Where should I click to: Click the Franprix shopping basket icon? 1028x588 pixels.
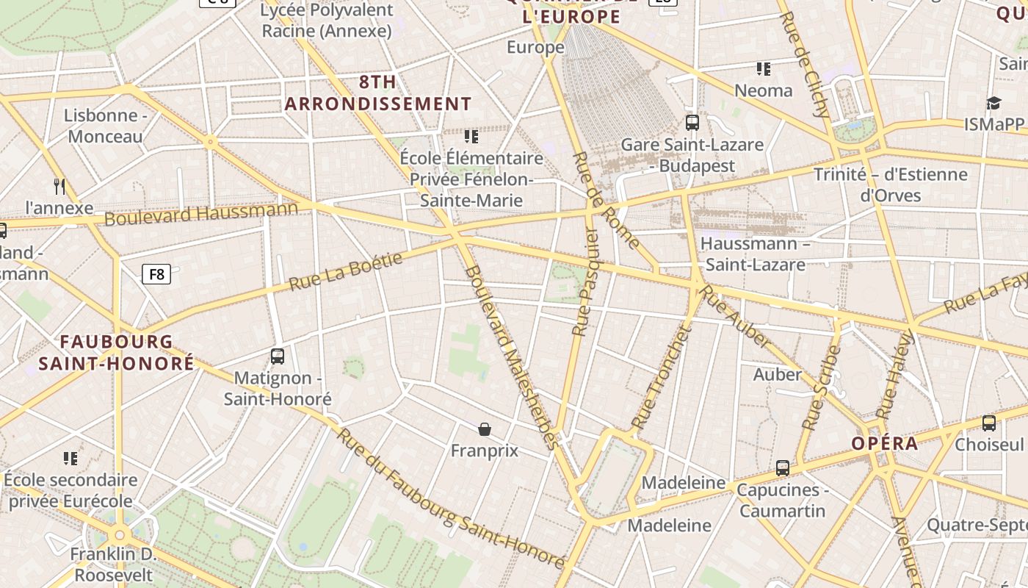pos(485,429)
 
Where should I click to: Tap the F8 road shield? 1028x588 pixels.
pos(156,274)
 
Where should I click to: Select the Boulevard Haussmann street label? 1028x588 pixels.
pos(201,214)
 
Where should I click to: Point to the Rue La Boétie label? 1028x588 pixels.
pos(346,271)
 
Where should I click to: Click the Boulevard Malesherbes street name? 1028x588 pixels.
pos(513,356)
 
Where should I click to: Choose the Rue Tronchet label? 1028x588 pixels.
pos(662,378)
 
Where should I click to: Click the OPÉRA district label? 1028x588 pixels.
pos(885,443)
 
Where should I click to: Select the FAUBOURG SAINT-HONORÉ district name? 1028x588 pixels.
pos(116,352)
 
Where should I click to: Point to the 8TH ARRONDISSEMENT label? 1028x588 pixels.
pos(378,93)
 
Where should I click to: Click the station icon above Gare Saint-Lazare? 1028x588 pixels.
pos(692,122)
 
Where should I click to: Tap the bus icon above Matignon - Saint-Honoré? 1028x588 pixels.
pos(278,356)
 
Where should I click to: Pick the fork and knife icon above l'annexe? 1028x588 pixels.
pos(60,186)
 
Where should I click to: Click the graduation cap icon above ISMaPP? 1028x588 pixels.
pos(993,103)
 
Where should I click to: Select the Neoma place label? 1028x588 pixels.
pos(764,90)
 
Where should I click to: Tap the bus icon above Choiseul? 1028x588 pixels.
pos(989,423)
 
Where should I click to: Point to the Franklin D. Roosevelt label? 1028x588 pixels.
pos(112,564)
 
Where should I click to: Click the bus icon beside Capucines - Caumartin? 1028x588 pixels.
pos(783,467)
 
